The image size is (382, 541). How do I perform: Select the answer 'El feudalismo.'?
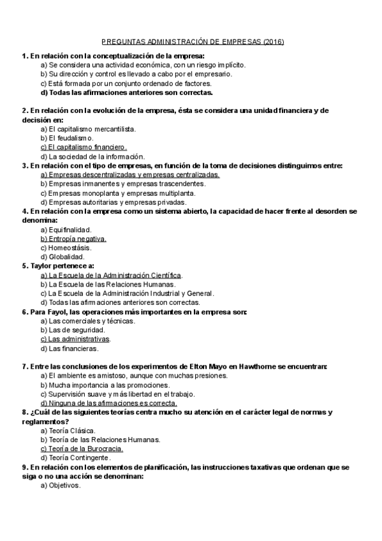click(67, 138)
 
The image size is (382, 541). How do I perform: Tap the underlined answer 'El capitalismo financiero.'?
click(84, 147)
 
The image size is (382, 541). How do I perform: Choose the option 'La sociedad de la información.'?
click(92, 156)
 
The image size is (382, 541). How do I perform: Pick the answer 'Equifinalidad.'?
click(66, 230)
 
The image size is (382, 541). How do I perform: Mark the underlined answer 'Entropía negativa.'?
click(73, 239)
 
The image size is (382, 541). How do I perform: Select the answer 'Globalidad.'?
click(62, 257)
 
